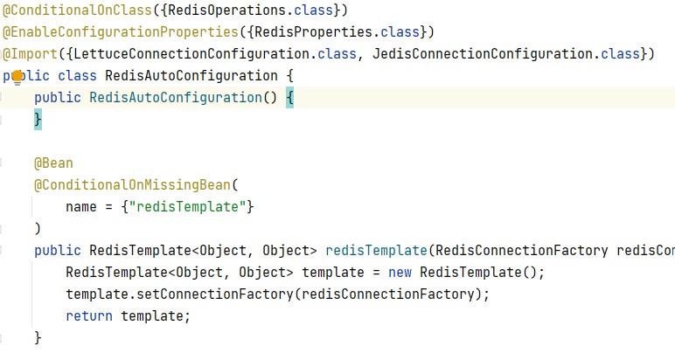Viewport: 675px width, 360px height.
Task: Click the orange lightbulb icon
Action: (17, 77)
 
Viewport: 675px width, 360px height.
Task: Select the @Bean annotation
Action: (53, 163)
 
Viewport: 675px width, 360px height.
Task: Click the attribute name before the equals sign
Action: (81, 207)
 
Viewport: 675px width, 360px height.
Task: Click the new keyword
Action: (400, 273)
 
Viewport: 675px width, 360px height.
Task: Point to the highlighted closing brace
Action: (38, 120)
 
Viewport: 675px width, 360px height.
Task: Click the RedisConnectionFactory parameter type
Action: (521, 251)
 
